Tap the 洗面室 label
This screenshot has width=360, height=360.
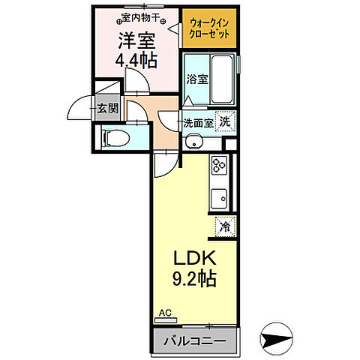click(197, 123)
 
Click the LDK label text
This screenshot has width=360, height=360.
click(190, 259)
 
